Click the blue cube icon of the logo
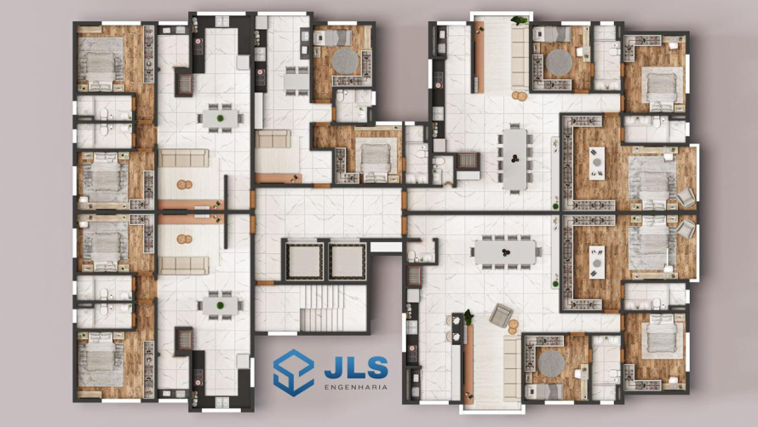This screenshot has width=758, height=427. coord(293,372)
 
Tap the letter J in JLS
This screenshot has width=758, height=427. coord(333,368)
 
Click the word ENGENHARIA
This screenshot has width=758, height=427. coord(356,387)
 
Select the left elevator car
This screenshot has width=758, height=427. coord(305,261)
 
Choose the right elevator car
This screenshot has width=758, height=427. coord(347,261)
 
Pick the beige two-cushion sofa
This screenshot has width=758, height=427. coord(273,139)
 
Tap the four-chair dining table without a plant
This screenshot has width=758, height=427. coord(296,81)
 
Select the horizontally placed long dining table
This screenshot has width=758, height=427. coord(505,252)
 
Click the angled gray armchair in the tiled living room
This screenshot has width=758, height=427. coord(501,315)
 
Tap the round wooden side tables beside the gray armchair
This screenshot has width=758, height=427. coord(514,327)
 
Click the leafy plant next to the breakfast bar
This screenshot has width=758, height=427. coord(468,317)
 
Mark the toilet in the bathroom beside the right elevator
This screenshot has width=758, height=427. coord(412,255)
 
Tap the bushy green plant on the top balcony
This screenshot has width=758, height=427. coord(520,20)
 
